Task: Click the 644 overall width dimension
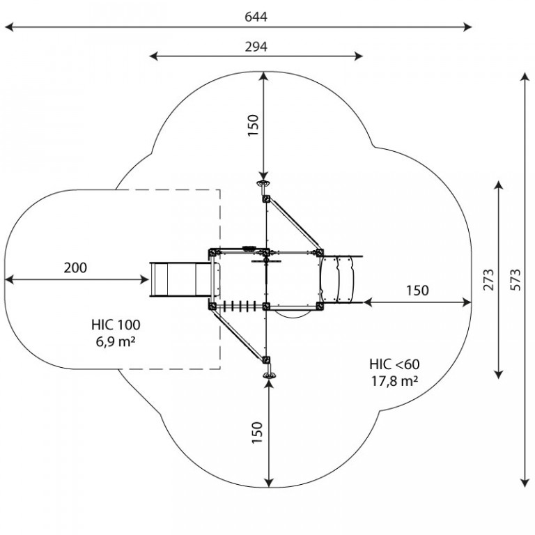(x=256, y=17)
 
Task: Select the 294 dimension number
(x=256, y=47)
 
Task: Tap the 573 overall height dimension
(x=515, y=280)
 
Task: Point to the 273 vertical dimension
(x=488, y=280)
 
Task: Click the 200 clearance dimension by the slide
(x=75, y=267)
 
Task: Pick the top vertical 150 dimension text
(x=253, y=125)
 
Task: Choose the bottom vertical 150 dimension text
(x=257, y=433)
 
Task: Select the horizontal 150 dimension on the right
(x=417, y=290)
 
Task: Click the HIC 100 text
(x=116, y=325)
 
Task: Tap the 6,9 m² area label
(x=116, y=341)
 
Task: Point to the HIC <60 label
(x=394, y=364)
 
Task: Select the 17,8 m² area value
(x=394, y=381)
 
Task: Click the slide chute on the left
(x=180, y=280)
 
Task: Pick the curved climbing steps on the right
(x=339, y=279)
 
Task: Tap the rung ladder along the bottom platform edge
(x=239, y=306)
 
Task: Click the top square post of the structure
(x=266, y=199)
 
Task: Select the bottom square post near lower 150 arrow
(x=267, y=360)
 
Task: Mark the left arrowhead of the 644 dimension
(x=9, y=27)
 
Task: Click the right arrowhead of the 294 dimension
(x=358, y=56)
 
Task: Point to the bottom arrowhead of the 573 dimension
(x=525, y=483)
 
